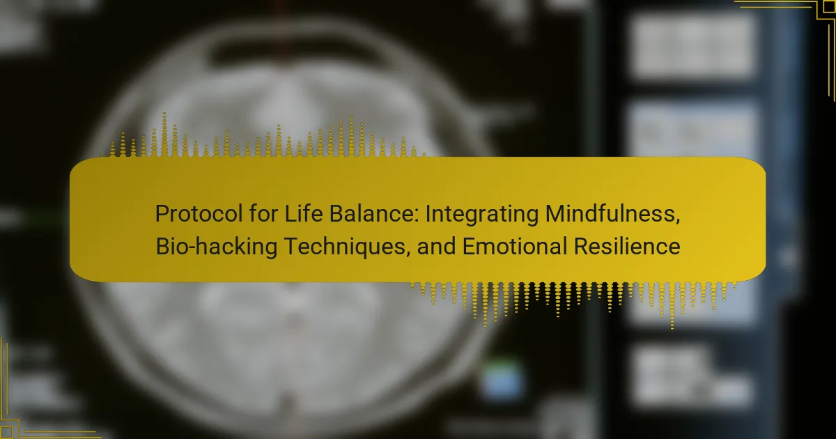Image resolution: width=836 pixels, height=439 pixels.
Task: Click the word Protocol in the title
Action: (199, 215)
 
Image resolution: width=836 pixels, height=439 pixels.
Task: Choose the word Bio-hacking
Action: (217, 247)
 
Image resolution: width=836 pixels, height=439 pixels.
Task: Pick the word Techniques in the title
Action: (344, 247)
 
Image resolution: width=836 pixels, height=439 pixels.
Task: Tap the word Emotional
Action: (515, 247)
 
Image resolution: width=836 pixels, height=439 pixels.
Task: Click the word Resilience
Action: (627, 247)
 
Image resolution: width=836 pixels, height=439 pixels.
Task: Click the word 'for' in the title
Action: (264, 213)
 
